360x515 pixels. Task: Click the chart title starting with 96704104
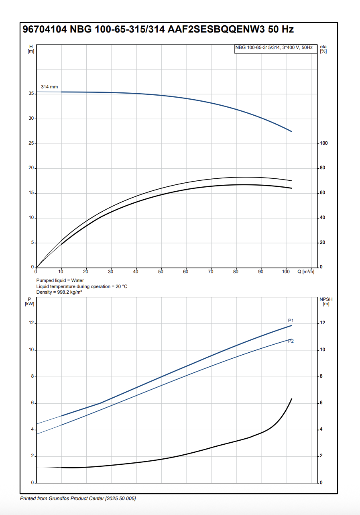pyautogui.click(x=158, y=29)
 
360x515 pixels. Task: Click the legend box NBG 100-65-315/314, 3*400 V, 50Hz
pyautogui.click(x=274, y=48)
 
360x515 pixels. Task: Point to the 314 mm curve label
pyautogui.click(x=49, y=87)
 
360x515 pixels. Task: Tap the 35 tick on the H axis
pyautogui.click(x=31, y=94)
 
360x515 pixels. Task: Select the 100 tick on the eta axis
pyautogui.click(x=324, y=143)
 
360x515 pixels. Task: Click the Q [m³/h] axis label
pyautogui.click(x=305, y=272)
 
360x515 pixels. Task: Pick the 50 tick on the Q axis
pyautogui.click(x=161, y=272)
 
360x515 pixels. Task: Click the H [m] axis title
pyautogui.click(x=31, y=49)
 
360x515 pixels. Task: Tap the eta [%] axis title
pyautogui.click(x=323, y=49)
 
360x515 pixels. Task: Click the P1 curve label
pyautogui.click(x=291, y=321)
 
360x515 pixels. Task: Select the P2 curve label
pyautogui.click(x=291, y=341)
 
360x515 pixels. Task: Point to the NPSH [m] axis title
pyautogui.click(x=326, y=302)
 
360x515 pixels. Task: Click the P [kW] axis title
pyautogui.click(x=30, y=302)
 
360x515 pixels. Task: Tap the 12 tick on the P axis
pyautogui.click(x=31, y=323)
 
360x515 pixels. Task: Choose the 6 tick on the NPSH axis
pyautogui.click(x=321, y=403)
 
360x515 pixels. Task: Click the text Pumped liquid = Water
pyautogui.click(x=60, y=280)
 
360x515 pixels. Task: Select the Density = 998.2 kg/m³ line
pyautogui.click(x=59, y=292)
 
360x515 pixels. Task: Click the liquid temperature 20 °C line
pyautogui.click(x=82, y=286)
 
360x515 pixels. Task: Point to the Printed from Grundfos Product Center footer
pyautogui.click(x=78, y=499)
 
